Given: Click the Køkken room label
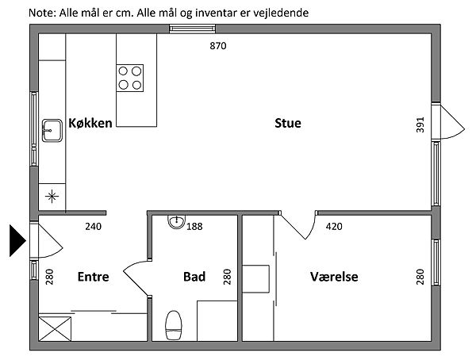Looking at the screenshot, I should [x=90, y=123].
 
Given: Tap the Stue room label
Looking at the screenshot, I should [x=288, y=123].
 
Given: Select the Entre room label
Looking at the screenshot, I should [x=93, y=277].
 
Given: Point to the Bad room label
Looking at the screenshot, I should [x=194, y=277].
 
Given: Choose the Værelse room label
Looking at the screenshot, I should [x=334, y=277].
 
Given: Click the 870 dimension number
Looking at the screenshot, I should [x=218, y=46].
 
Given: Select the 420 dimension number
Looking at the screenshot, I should [x=334, y=227].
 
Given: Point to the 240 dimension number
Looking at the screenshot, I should [x=94, y=227].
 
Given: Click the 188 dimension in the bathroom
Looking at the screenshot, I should [x=194, y=227].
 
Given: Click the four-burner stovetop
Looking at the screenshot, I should [x=131, y=77].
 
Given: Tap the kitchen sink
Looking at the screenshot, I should [x=52, y=128].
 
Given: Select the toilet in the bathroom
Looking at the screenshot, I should [x=174, y=325].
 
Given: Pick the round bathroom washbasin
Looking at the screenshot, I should [x=176, y=221].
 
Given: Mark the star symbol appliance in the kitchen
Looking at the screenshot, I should [x=52, y=195].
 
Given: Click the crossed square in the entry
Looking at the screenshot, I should [x=54, y=328].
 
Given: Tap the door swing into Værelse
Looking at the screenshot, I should [x=297, y=226].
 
